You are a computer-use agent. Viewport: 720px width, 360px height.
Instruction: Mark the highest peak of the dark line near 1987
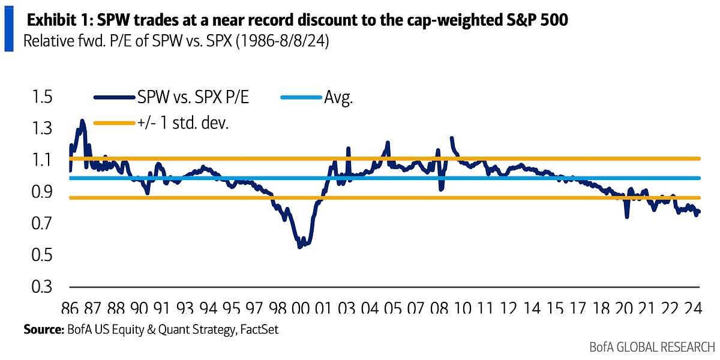[x=82, y=121]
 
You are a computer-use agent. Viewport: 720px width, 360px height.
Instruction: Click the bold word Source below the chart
[x=46, y=329]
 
